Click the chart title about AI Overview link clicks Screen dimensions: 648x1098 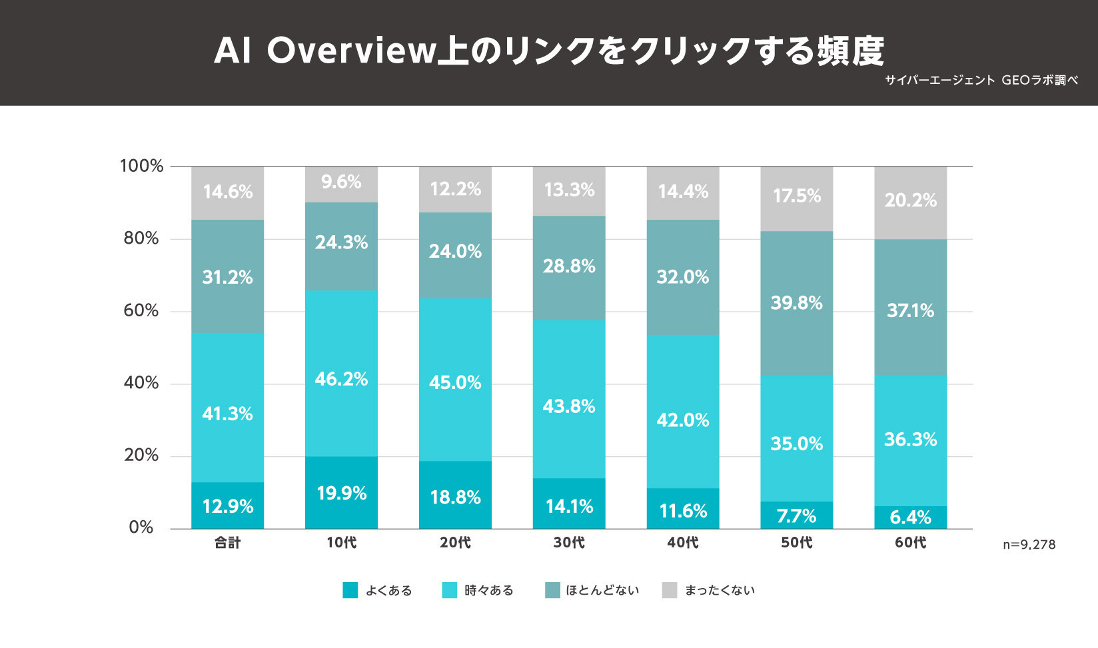pyautogui.click(x=548, y=51)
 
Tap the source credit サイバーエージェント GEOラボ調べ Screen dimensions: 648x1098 pyautogui.click(x=981, y=81)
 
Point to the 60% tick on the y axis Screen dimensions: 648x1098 pyautogui.click(x=141, y=311)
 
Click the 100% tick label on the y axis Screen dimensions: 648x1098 pyautogui.click(x=141, y=166)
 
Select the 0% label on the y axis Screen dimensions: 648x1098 pyautogui.click(x=141, y=527)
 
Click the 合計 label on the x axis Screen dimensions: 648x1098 pyautogui.click(x=227, y=543)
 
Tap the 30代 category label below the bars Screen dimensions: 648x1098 pyautogui.click(x=569, y=543)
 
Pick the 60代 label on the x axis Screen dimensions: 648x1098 pyautogui.click(x=910, y=543)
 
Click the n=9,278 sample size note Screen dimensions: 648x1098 pyautogui.click(x=1029, y=545)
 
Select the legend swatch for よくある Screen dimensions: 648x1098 pyautogui.click(x=350, y=590)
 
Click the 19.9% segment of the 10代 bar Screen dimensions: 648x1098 pyautogui.click(x=341, y=493)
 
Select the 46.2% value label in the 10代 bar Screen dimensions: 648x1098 pyautogui.click(x=341, y=379)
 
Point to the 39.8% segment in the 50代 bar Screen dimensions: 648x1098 pyautogui.click(x=796, y=303)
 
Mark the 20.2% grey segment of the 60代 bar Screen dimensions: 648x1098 pyautogui.click(x=910, y=200)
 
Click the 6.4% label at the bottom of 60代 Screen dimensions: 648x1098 pyautogui.click(x=910, y=517)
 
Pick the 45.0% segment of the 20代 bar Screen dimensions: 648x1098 pyautogui.click(x=455, y=382)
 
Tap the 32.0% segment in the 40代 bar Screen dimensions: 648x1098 pyautogui.click(x=683, y=277)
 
